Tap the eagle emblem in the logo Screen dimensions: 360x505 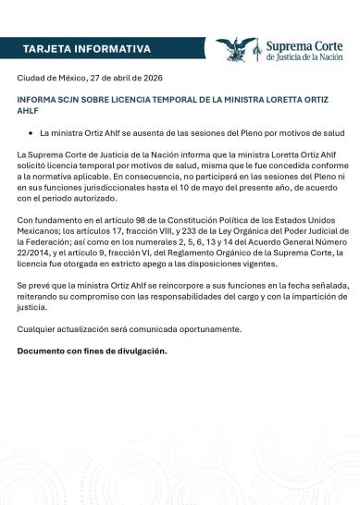pyautogui.click(x=236, y=49)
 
